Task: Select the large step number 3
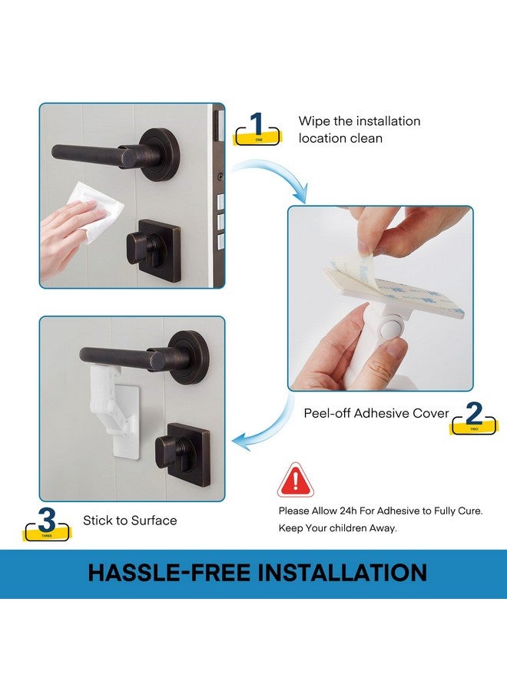47,520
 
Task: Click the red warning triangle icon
296,480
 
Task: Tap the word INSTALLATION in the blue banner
342,573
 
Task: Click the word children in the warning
344,528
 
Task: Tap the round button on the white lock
391,329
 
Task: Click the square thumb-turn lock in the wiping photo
154,250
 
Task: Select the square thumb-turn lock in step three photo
183,454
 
